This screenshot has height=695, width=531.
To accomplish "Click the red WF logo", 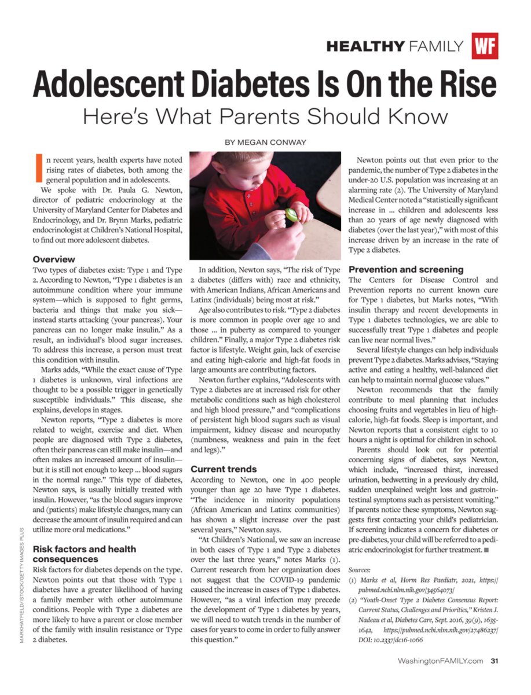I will (485, 46).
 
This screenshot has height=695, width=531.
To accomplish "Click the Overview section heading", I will (54, 259).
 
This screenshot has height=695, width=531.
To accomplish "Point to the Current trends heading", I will (224, 469).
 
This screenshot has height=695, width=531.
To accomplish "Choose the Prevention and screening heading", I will (406, 269).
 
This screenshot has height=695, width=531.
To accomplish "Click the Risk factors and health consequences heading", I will (85, 554).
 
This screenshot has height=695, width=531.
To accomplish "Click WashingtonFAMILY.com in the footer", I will (440, 660).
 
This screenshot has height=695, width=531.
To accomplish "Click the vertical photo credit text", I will (21, 579).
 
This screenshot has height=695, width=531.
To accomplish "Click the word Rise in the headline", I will (466, 85).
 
